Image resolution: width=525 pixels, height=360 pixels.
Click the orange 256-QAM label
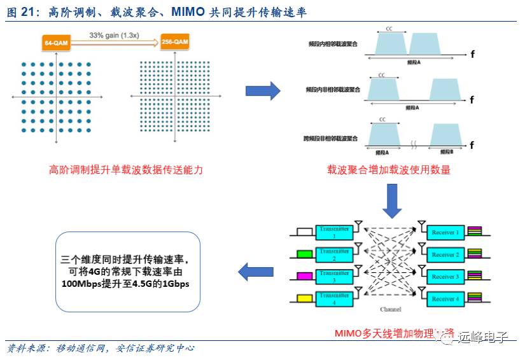tap(174, 42)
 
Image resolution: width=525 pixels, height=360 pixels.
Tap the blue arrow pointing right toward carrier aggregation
tap(263, 91)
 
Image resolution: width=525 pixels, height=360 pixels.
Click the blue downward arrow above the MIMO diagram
tap(391, 203)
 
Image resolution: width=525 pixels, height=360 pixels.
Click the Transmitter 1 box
tap(334, 232)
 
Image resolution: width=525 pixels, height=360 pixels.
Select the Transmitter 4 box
tap(334, 298)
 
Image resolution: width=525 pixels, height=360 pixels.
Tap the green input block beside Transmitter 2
tap(305, 254)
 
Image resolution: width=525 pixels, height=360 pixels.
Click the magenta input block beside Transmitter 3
tap(305, 277)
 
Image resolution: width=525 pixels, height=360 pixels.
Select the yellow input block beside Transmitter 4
tap(305, 298)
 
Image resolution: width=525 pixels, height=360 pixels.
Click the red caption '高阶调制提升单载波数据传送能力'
tap(126, 170)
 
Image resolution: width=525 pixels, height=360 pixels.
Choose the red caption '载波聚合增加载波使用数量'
tap(389, 170)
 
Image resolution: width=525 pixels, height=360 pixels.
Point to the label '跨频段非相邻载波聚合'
tap(330, 138)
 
